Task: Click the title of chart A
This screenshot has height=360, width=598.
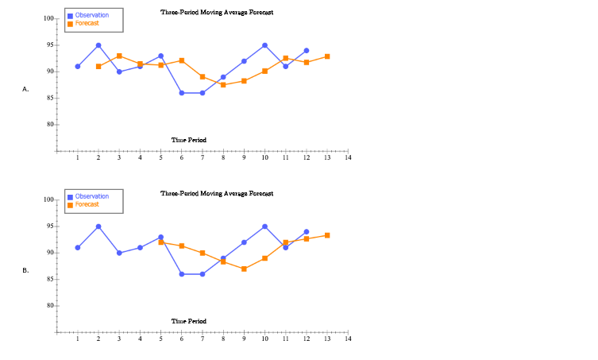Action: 217,13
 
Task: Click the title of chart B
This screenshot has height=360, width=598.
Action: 217,193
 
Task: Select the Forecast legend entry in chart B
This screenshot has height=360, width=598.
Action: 87,204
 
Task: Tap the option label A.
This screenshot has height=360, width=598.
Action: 25,90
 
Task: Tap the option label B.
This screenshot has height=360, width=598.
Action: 25,271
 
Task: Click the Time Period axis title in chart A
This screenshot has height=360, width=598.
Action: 189,140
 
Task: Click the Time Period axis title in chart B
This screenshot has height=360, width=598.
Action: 189,321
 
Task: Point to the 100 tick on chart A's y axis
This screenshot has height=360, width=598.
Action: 48,18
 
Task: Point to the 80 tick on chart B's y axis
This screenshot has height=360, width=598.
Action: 48,306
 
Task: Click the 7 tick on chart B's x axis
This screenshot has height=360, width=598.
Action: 203,339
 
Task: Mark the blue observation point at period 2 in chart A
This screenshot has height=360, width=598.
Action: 98,45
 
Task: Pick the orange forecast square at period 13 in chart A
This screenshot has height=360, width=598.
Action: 327,56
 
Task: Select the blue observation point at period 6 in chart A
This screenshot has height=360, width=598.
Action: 182,93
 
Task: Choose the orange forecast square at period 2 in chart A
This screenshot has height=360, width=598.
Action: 98,66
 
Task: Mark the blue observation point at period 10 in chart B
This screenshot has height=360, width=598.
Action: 264,226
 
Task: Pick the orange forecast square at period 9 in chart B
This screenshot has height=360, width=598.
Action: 244,269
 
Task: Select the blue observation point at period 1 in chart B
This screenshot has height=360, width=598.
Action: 78,247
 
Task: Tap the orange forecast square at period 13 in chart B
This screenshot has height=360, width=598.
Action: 327,235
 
